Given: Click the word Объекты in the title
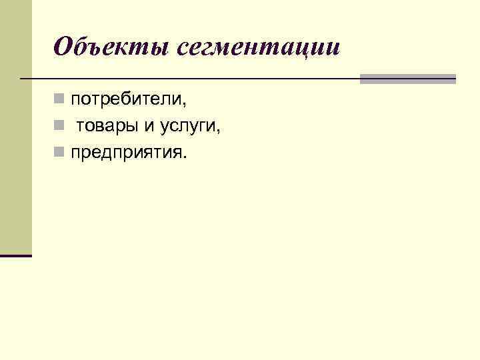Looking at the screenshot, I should (112, 47).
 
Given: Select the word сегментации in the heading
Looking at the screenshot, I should (259, 47).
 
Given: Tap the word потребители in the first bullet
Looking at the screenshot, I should (127, 100).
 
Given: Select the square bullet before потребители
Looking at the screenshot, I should (59, 100).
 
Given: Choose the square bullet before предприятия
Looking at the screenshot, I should (59, 154).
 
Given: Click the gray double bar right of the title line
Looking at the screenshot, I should (407, 79).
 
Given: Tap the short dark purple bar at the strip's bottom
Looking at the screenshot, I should (16, 255).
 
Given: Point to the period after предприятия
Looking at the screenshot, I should (186, 158).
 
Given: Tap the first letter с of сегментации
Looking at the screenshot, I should (185, 49).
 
